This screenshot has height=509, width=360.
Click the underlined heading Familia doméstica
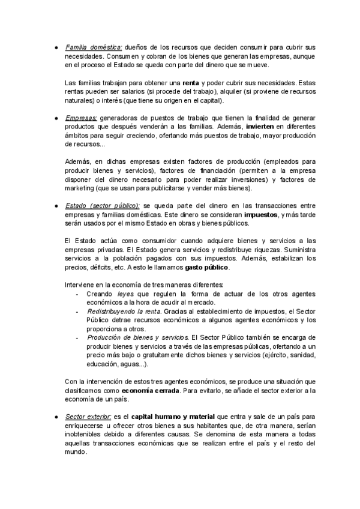[93, 47]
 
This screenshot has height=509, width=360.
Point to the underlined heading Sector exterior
[89, 416]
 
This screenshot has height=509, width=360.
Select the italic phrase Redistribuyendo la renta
[124, 312]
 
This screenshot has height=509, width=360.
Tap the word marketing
[79, 188]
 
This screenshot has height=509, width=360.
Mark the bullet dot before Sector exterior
[55, 416]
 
